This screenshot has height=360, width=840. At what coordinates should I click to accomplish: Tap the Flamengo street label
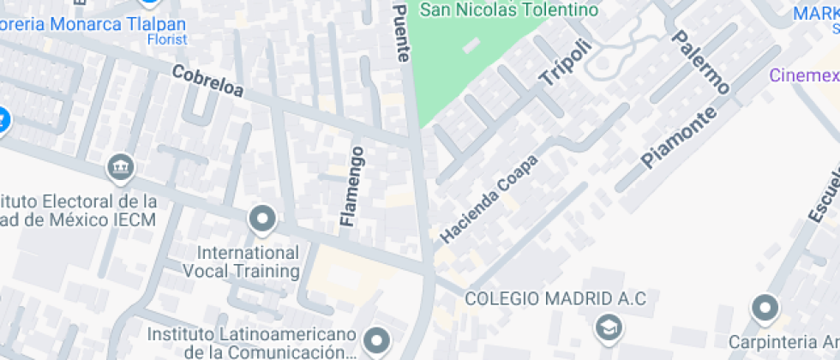coord(351,186)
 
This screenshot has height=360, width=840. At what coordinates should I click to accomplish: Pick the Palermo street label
coord(700,63)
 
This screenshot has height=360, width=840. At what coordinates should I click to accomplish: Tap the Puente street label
coord(401,32)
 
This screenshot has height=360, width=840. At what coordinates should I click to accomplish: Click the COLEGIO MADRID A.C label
coord(555,299)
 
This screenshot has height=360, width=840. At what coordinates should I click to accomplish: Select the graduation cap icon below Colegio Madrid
coord(609,327)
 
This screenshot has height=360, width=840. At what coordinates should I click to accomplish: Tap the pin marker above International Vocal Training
coord(262,220)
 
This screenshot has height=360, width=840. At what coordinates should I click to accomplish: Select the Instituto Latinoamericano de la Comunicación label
coord(250,343)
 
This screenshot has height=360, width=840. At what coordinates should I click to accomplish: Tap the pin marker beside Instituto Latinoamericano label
coord(376,340)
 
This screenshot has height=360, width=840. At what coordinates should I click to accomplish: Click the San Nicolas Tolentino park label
coord(507,9)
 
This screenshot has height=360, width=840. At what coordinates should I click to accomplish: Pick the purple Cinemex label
coord(804,75)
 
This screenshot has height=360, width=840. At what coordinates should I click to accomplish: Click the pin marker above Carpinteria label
coord(764,307)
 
